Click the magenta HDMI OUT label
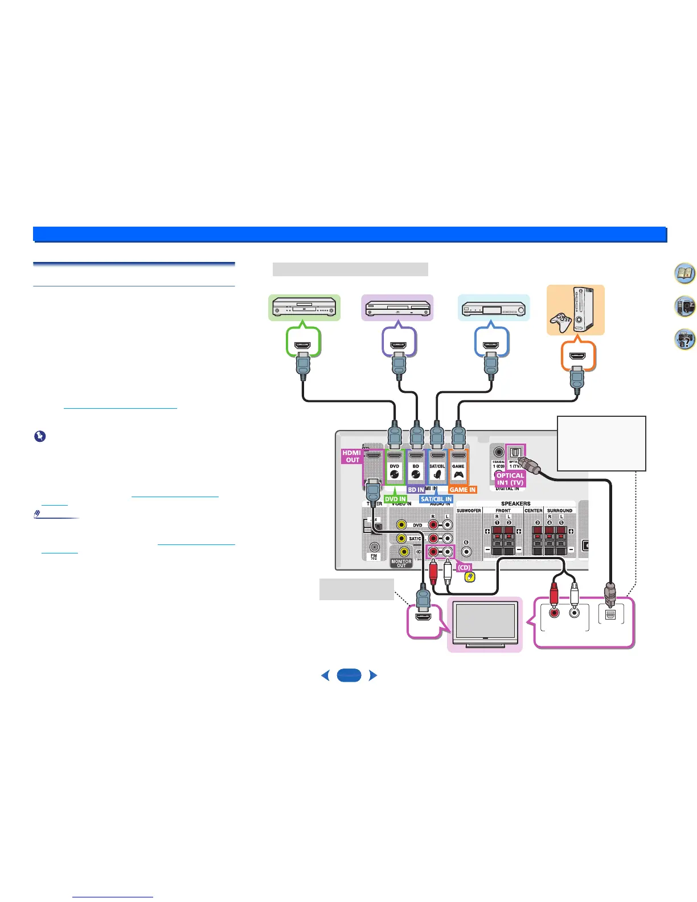pos(352,456)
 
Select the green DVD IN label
pos(395,499)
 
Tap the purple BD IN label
pos(416,490)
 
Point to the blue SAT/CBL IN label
pos(436,499)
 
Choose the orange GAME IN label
pos(462,490)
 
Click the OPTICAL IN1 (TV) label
pos(510,479)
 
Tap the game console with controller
pos(575,310)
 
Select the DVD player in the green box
pos(304,308)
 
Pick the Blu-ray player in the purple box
pos(397,308)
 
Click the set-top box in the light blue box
pos(494,308)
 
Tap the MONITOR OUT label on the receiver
pos(401,563)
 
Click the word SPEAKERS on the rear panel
pos(515,503)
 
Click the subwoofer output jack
pos(466,551)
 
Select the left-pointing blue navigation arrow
pos(325,675)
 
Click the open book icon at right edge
pos(684,274)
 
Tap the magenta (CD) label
pos(464,568)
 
